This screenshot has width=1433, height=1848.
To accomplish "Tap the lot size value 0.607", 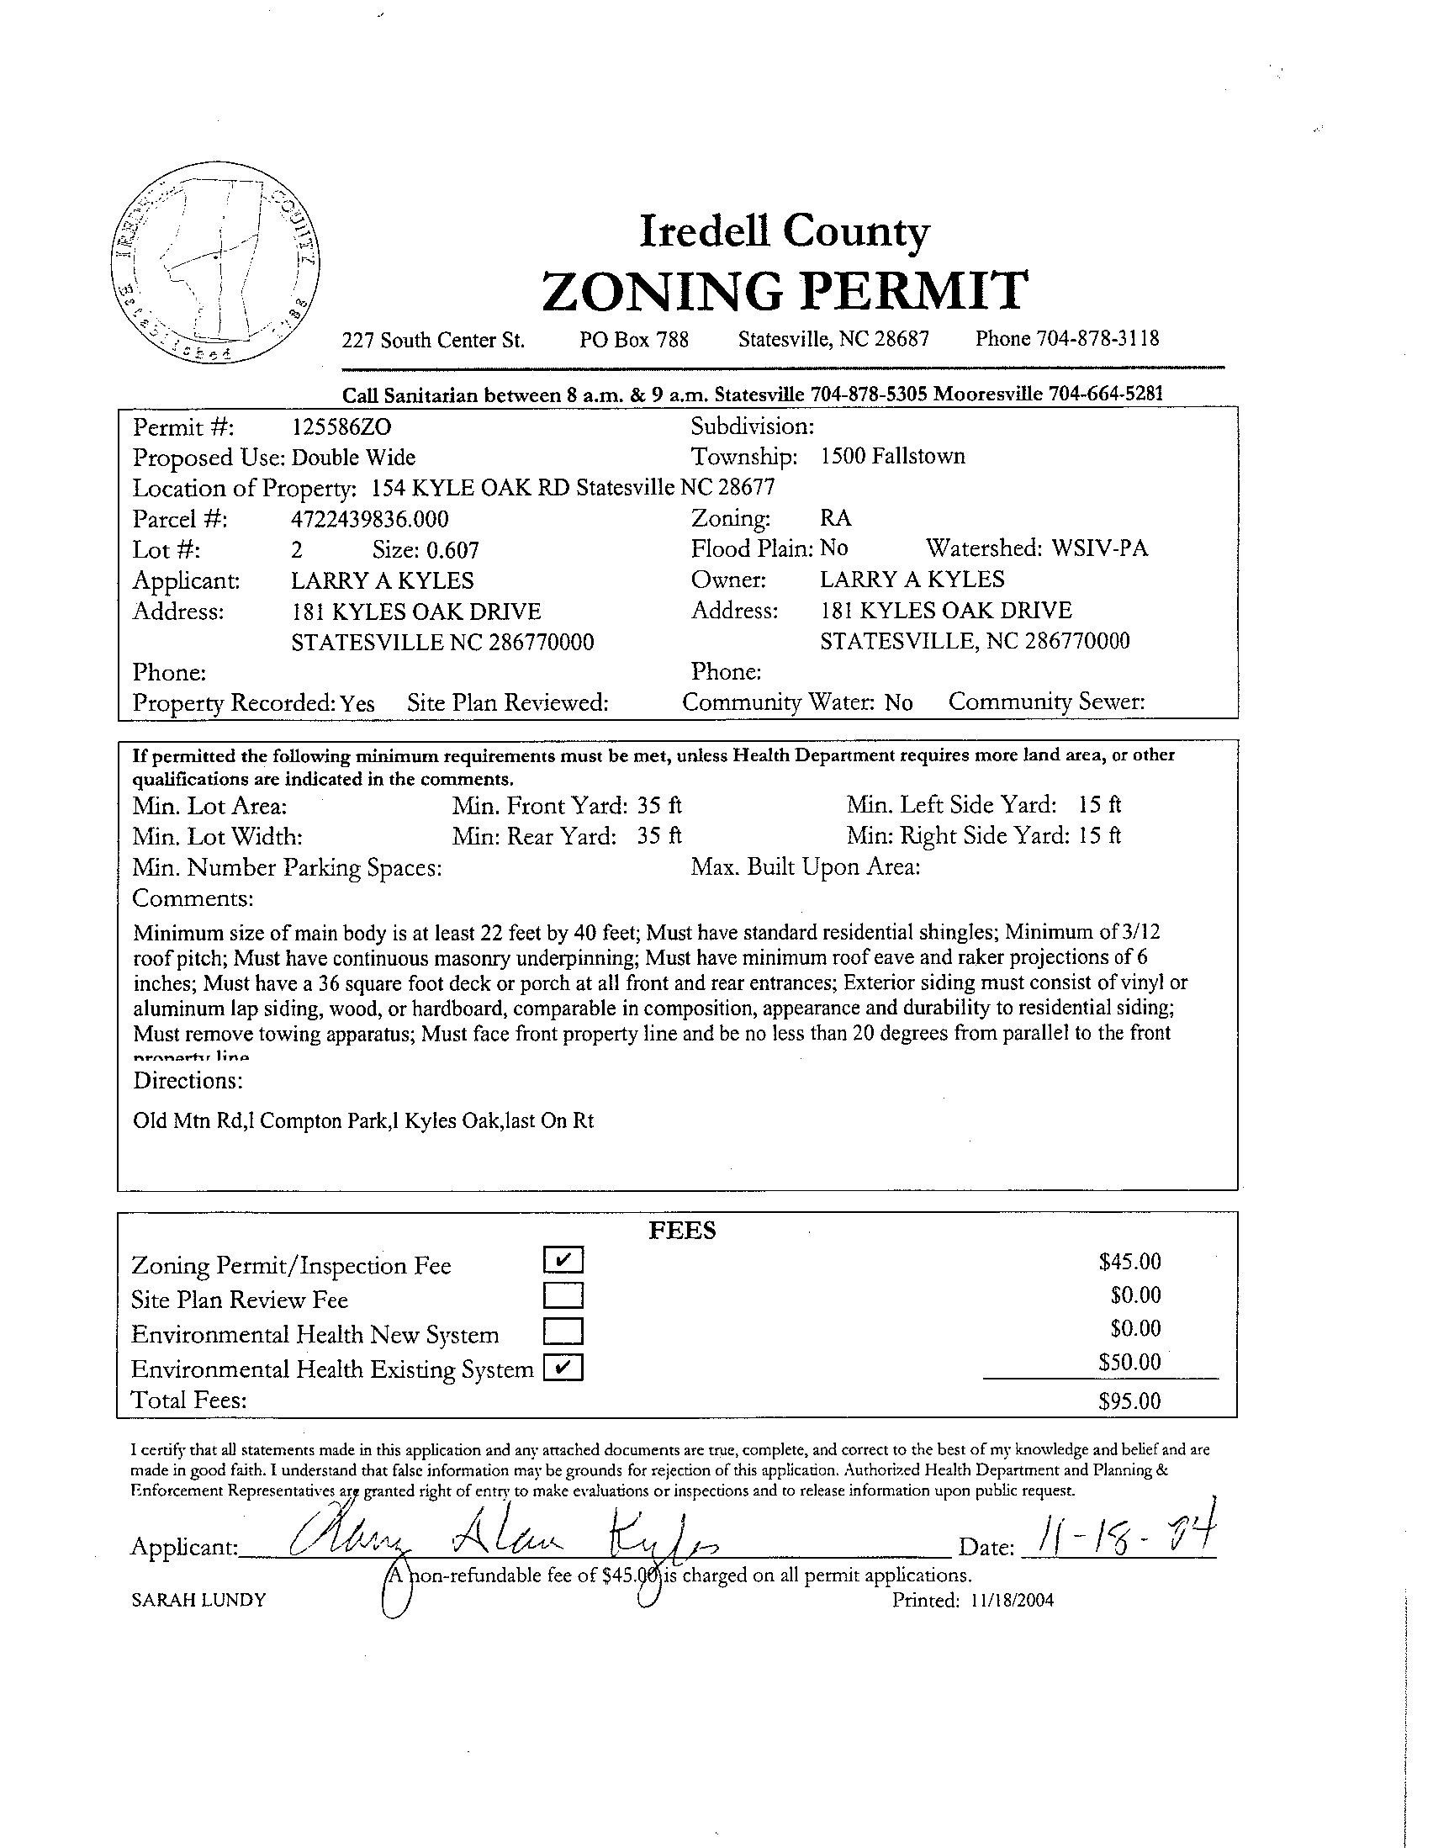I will tap(452, 551).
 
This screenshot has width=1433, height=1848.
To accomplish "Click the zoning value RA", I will tap(836, 518).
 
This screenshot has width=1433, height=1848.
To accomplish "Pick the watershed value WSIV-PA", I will tap(1099, 548).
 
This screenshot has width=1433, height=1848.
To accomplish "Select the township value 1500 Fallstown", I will tap(891, 457).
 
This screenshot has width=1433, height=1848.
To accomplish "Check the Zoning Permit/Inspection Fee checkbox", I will tap(563, 1261).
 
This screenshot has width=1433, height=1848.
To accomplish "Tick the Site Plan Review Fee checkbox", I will tap(563, 1295).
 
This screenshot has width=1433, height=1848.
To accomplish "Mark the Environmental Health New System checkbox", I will tap(563, 1332).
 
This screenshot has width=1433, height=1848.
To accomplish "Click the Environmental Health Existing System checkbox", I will tap(563, 1368).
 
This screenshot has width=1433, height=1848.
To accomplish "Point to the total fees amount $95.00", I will tap(1129, 1401).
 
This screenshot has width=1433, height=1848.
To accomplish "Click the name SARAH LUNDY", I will tap(198, 1600).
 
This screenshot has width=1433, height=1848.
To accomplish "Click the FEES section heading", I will tap(682, 1231).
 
